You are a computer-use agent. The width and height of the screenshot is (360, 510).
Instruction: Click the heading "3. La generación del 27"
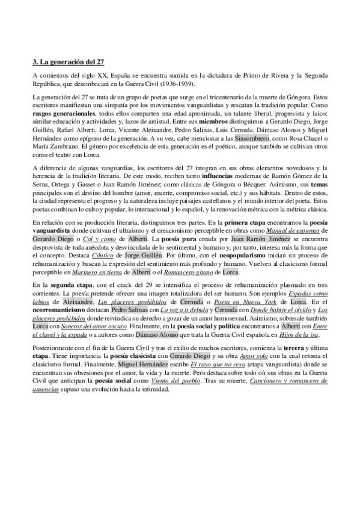tap(67, 61)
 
